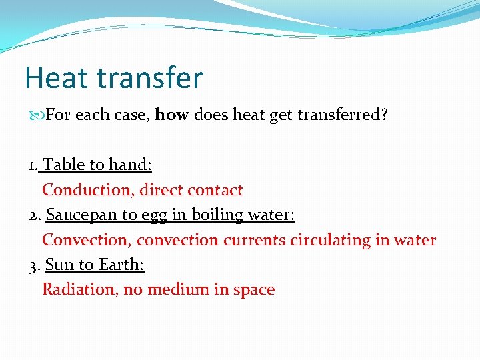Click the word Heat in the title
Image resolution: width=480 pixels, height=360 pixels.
coord(57,78)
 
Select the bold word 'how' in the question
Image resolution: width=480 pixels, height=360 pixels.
coord(172,115)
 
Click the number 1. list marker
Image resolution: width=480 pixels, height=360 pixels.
coord(34,165)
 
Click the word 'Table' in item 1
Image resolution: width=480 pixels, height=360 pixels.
coord(64,165)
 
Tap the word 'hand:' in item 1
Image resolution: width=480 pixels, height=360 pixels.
coord(130,165)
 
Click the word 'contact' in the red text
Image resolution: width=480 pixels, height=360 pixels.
coord(215,190)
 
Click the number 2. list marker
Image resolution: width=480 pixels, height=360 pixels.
coord(35,215)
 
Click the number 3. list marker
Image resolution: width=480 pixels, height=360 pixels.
coord(35,265)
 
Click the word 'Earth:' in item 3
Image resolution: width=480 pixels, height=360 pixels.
coord(121,265)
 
